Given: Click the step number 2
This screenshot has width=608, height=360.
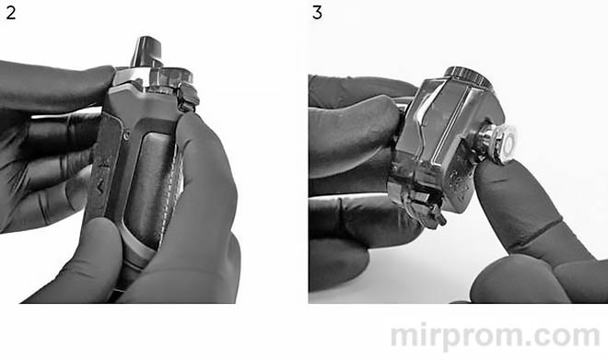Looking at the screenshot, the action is pos(11,13).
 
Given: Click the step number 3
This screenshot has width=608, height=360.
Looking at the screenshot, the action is pos(317,13).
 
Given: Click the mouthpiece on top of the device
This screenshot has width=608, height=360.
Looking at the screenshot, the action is pos(147,52).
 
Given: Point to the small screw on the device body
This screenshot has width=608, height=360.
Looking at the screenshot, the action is pos(126,136).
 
